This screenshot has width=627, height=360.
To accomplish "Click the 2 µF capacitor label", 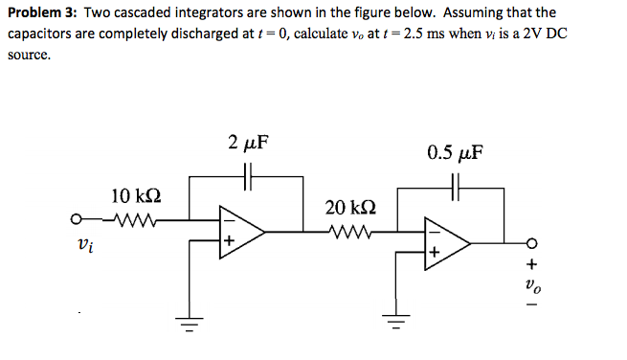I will (248, 144).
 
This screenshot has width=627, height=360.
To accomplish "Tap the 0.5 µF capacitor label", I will (456, 152).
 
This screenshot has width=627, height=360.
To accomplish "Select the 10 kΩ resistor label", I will (135, 197).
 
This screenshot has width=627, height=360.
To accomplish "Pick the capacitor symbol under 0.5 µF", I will (458, 188).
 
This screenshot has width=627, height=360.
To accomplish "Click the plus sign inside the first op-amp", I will (230, 243).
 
